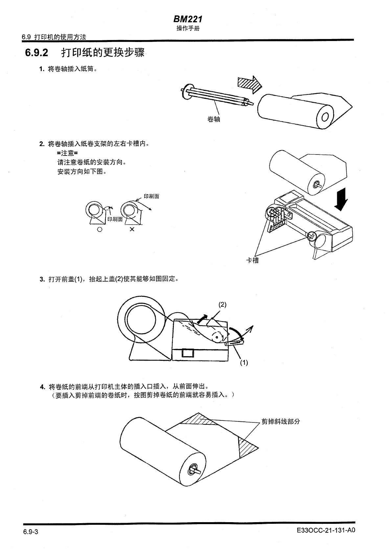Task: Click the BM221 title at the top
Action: pos(188,19)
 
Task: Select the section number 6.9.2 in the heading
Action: pos(36,52)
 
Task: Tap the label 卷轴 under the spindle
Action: pos(214,119)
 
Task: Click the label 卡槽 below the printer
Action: pos(252,260)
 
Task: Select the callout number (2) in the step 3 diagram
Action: pos(222,304)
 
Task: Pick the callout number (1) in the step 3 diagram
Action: pos(243,363)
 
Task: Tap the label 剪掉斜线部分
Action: pos(281,421)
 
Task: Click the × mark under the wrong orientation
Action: pos(132,229)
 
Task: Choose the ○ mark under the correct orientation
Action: pos(100,230)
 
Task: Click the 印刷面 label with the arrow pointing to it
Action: pos(151,196)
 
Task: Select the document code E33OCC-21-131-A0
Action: pos(326,530)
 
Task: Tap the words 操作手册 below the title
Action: pos(188,28)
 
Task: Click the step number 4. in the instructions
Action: pos(42,387)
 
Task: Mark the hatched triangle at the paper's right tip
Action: pos(246,447)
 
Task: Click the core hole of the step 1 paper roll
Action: pos(325,117)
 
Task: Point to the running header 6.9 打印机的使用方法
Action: pos(54,37)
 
